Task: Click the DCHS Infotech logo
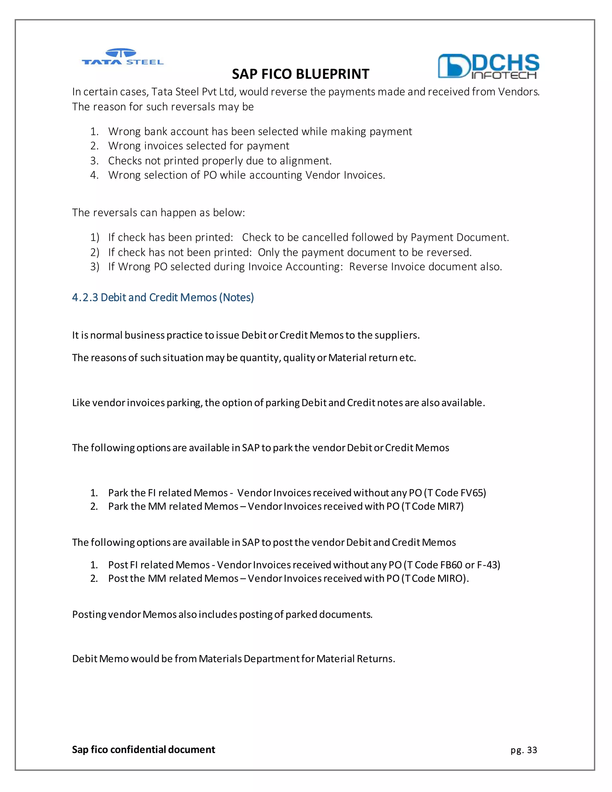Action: [488, 66]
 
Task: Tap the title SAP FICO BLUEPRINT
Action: [300, 74]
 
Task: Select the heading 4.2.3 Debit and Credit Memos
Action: [163, 297]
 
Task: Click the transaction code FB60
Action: [451, 565]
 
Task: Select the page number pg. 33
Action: [524, 750]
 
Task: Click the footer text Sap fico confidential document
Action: [143, 750]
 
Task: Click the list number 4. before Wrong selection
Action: [94, 175]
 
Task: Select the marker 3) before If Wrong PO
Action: [95, 267]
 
